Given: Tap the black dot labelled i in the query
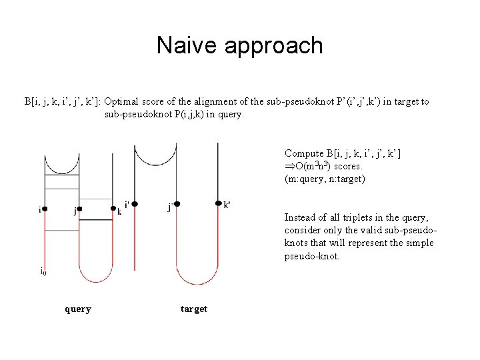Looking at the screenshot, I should [45, 209].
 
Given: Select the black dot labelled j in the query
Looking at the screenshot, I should [79, 209].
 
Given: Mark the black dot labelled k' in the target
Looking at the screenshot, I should [218, 203].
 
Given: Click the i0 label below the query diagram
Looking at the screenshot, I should [43, 271].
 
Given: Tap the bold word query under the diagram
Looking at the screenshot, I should [78, 309].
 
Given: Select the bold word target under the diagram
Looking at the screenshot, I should [194, 309].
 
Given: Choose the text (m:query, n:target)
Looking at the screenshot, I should [325, 179].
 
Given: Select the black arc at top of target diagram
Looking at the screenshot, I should [155, 158].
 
